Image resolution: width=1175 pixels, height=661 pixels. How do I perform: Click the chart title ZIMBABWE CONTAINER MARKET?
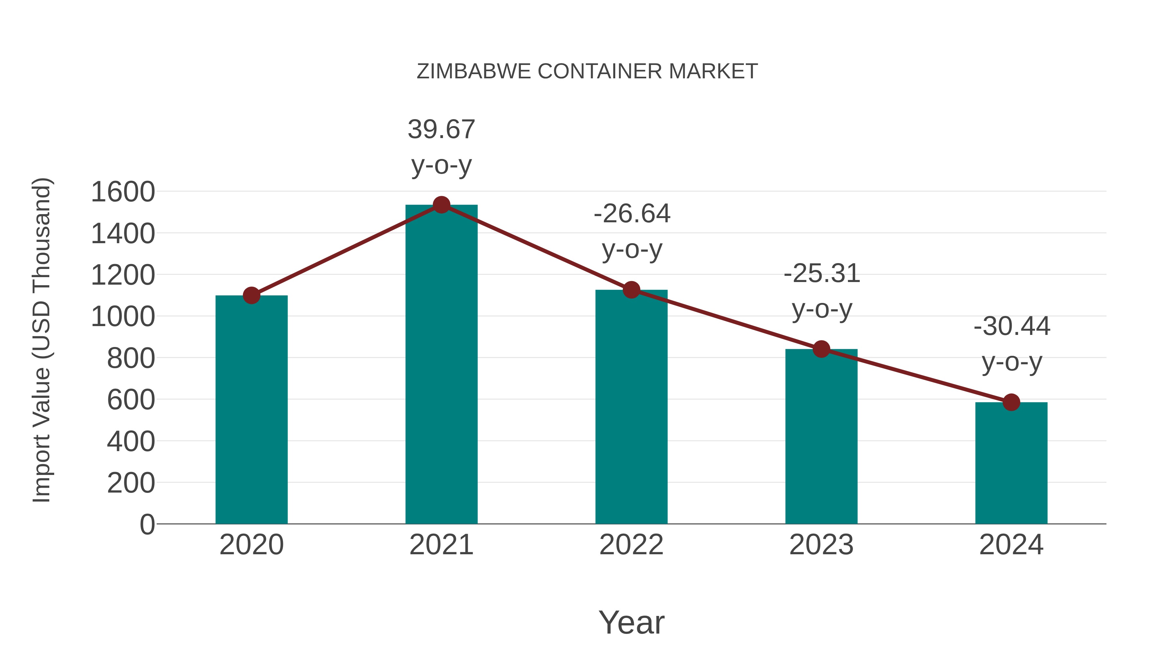587,71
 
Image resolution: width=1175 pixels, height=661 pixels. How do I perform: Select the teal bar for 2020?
251,411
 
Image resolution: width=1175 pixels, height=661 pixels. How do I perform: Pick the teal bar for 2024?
1011,463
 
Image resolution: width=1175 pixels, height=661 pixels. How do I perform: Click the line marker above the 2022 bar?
631,290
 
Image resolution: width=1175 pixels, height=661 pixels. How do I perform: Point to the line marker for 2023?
821,349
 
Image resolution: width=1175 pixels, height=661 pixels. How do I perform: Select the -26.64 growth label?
632,214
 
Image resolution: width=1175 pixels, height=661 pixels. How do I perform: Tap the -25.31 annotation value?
822,274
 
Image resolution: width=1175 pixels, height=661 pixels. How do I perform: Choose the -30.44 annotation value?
1012,327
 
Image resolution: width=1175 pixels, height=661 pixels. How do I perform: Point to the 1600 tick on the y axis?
123,192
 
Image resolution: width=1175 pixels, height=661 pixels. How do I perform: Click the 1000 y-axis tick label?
123,317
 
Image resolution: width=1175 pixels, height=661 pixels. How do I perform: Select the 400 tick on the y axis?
131,442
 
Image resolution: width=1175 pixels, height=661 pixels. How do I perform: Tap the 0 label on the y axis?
147,524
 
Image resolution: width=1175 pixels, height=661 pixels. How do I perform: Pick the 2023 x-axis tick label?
821,545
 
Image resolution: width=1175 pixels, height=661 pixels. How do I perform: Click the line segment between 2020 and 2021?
347,250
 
